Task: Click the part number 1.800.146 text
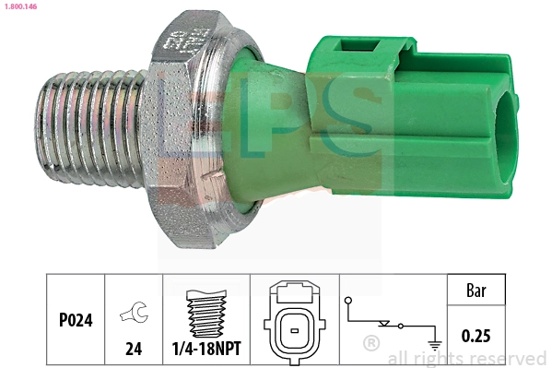click(19, 6)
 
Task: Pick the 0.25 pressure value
click(476, 337)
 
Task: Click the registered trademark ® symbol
click(371, 343)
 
